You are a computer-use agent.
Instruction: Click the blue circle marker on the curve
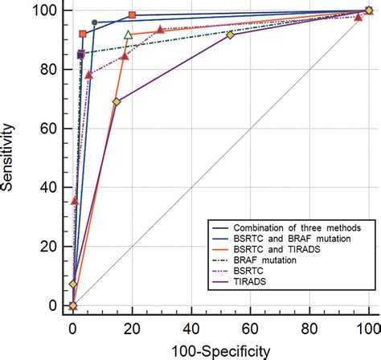tap(94, 23)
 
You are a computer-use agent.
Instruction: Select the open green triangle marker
tap(128, 35)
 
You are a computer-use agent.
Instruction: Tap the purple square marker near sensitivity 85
tap(81, 55)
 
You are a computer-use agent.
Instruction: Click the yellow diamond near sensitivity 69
tap(117, 102)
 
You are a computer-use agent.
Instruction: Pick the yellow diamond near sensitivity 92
tap(231, 35)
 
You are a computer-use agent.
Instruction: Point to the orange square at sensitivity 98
tap(133, 15)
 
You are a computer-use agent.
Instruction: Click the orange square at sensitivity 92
tap(83, 34)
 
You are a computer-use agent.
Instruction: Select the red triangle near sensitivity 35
tap(75, 201)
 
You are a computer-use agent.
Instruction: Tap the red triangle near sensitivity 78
tap(89, 75)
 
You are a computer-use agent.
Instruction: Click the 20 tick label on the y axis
tap(51, 247)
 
